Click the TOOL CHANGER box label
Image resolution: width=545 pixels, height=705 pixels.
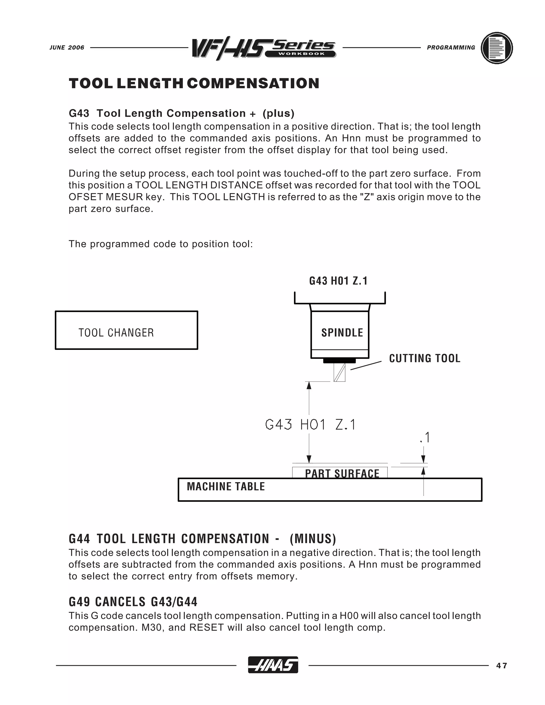pos(116,333)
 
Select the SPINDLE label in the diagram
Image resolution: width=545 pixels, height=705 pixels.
pos(342,333)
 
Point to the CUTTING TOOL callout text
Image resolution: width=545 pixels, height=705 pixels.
pos(424,358)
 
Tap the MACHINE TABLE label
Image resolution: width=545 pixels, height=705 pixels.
pos(226,487)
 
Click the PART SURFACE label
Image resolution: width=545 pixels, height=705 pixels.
pos(342,473)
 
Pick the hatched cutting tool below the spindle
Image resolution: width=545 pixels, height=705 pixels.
pos(339,372)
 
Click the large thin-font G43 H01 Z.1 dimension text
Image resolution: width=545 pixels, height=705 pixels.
pos(310,425)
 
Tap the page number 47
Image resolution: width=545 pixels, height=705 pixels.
pos(502,666)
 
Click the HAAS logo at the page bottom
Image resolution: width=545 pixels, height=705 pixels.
pos(273,665)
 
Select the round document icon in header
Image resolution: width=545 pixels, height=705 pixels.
pos(497,48)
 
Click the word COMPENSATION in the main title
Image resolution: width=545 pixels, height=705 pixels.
pos(253,83)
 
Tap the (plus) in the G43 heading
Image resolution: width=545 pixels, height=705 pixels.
pos(278,113)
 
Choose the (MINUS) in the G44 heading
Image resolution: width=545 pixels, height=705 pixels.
pos(313,539)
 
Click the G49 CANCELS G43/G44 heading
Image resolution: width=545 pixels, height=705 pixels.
pos(133,602)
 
